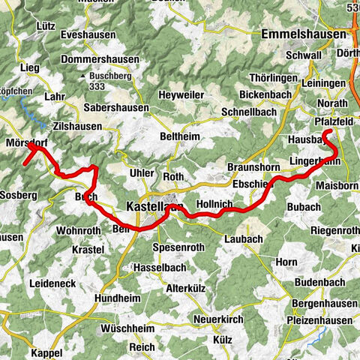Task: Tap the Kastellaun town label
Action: click(x=154, y=206)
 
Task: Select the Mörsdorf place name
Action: click(x=26, y=142)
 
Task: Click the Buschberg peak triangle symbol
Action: click(x=84, y=76)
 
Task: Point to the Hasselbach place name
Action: click(x=160, y=267)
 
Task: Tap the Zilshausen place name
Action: click(x=77, y=127)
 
